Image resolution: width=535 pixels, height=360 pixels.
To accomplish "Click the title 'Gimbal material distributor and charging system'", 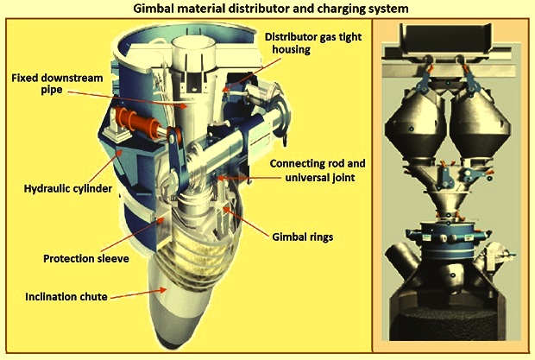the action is click(271, 8).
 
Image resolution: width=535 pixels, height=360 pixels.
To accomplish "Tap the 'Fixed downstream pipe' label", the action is click(57, 84).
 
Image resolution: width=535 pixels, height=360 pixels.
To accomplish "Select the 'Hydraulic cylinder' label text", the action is click(68, 188).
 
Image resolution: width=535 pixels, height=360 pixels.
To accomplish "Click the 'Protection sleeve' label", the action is click(86, 258).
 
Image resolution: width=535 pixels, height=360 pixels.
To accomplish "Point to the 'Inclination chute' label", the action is click(66, 296).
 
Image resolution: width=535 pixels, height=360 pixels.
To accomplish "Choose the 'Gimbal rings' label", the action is click(302, 237).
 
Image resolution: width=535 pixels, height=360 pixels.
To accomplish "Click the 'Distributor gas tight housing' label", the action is click(313, 43).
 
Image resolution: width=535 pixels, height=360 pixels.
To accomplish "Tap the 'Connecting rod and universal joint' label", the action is click(318, 170).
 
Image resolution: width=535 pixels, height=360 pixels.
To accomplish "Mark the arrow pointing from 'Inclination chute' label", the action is click(138, 294).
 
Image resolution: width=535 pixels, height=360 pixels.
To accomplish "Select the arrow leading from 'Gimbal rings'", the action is click(245, 222).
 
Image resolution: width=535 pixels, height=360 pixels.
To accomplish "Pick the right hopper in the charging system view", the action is click(481, 125).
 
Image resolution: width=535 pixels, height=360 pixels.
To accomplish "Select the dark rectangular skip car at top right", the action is click(446, 38).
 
